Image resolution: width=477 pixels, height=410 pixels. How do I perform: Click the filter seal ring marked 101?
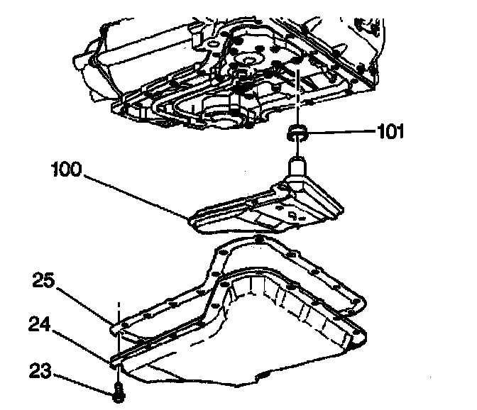tap(297, 131)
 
